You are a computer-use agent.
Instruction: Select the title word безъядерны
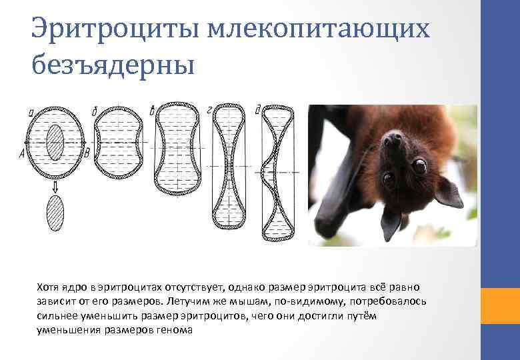113,65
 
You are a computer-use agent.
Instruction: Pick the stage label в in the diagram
154,108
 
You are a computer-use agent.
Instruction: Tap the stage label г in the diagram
210,109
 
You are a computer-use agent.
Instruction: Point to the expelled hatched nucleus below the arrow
54,214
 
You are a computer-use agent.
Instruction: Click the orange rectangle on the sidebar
500,305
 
